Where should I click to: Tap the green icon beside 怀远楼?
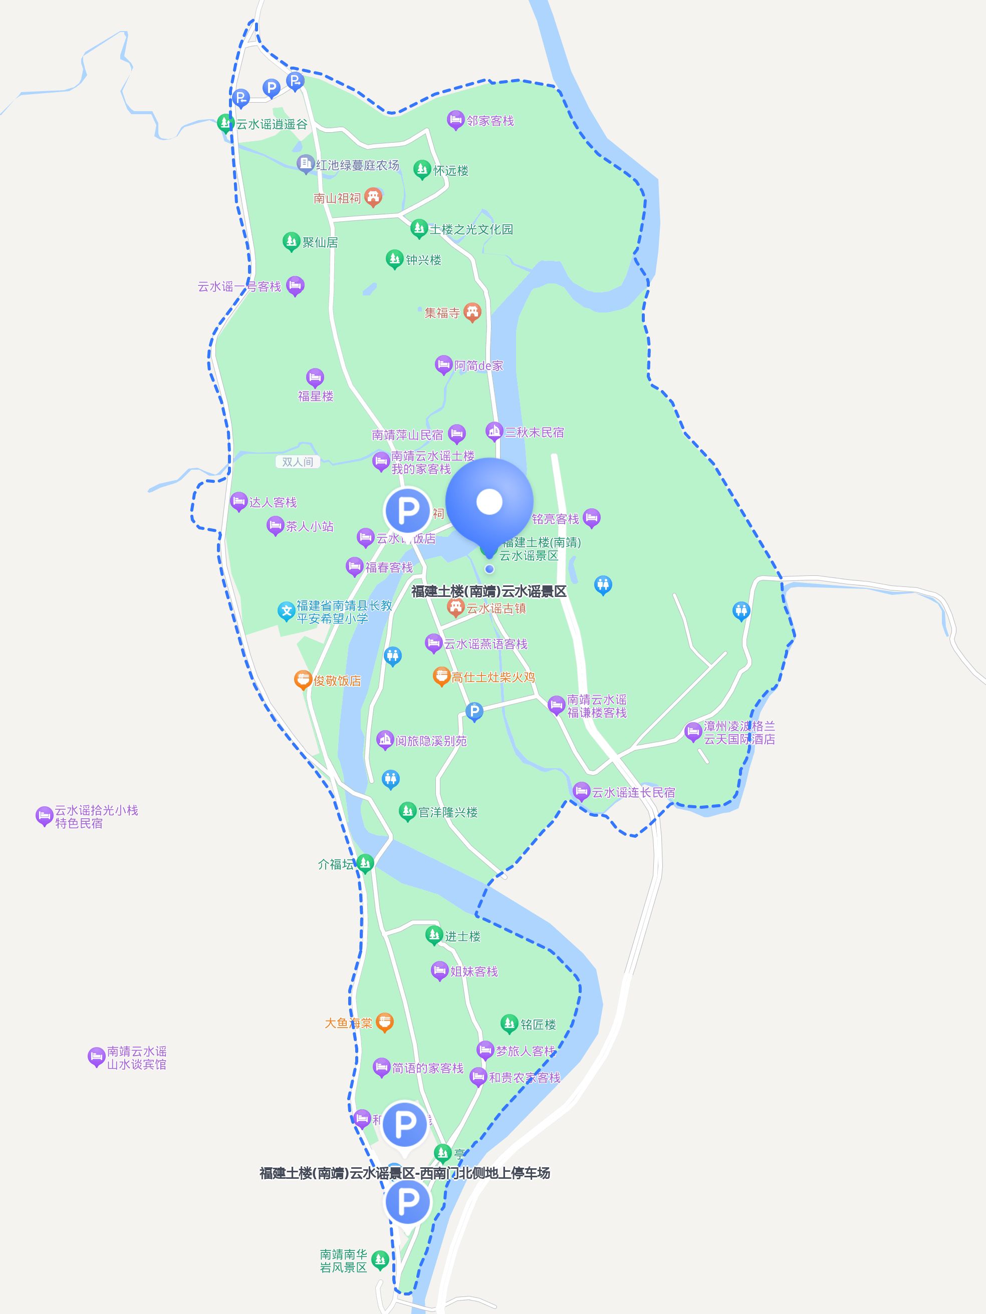click(x=421, y=169)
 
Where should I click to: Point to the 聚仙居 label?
click(x=320, y=242)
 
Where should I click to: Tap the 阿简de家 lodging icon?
click(x=443, y=364)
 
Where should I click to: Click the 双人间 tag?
click(x=297, y=462)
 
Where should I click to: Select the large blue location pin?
click(x=489, y=502)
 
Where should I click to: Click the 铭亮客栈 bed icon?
click(x=591, y=517)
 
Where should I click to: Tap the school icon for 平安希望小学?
click(x=287, y=610)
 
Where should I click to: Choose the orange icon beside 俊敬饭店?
click(x=303, y=679)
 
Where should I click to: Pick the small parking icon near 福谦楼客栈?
click(x=473, y=711)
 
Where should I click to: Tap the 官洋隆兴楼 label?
click(x=448, y=812)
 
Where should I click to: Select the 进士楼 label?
click(x=462, y=936)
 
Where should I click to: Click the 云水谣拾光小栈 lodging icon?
click(x=44, y=816)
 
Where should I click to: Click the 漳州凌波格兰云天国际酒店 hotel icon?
click(x=693, y=731)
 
